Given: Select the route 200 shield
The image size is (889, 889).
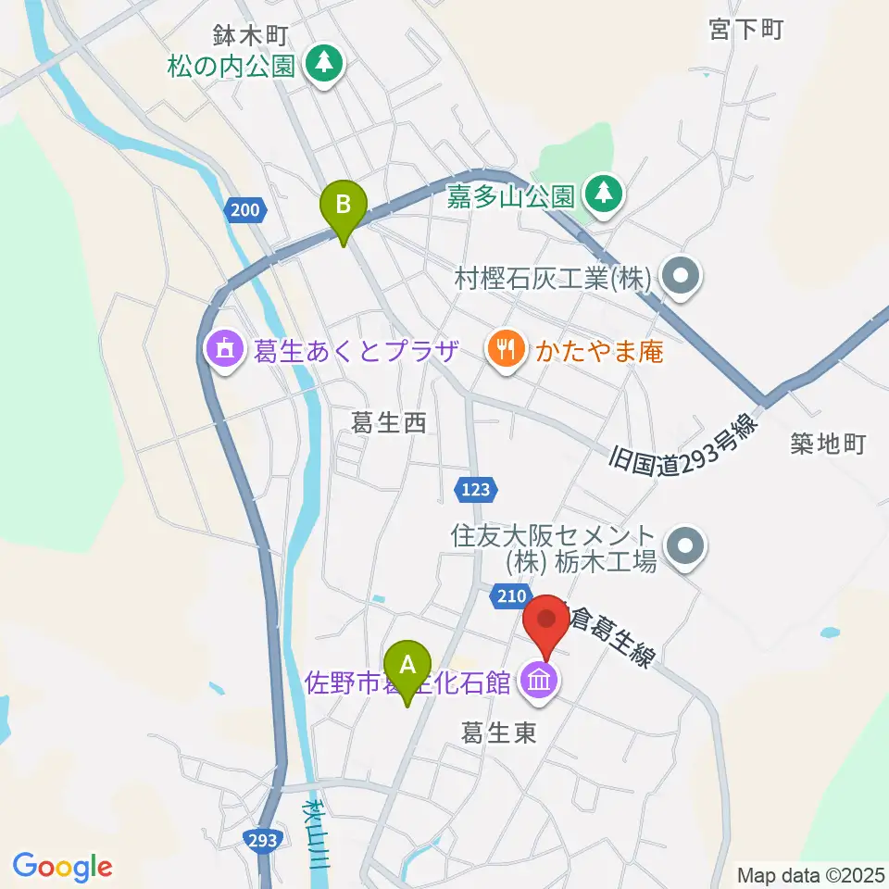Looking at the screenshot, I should [x=244, y=210].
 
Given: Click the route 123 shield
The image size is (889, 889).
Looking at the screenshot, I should [x=478, y=487].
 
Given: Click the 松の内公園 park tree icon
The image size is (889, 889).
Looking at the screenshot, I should [x=325, y=64].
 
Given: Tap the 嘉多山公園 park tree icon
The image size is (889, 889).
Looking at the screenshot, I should [x=604, y=194].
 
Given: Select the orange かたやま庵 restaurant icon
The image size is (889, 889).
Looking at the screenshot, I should [x=506, y=350].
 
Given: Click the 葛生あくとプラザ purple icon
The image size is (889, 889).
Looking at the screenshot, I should [x=223, y=350].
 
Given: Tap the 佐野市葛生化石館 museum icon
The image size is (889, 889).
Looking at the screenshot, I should [x=540, y=682].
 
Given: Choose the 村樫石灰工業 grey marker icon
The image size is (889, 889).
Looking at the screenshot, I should [x=684, y=276].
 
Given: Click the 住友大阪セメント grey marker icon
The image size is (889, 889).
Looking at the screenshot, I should [x=686, y=547].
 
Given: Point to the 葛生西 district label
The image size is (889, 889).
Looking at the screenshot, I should [x=388, y=424].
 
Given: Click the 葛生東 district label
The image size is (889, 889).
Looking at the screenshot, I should [x=499, y=733].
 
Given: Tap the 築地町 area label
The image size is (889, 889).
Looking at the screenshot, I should [x=828, y=444].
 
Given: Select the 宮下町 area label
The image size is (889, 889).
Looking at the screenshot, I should [x=746, y=30].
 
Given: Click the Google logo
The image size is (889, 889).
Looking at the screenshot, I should [x=62, y=868].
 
